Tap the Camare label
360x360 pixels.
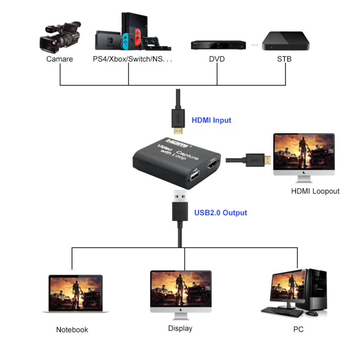pos(59,59)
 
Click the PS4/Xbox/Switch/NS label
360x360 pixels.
pos(132,59)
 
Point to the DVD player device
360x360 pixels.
pos(217,45)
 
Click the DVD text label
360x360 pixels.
pos(217,59)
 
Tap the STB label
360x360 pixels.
pos(285,59)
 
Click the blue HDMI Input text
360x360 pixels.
pos(211,120)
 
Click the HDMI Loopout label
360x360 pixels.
pos(315,191)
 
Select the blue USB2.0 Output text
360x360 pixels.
pos(220,212)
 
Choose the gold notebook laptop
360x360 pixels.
pos(75,294)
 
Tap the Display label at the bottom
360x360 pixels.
pos(180,328)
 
